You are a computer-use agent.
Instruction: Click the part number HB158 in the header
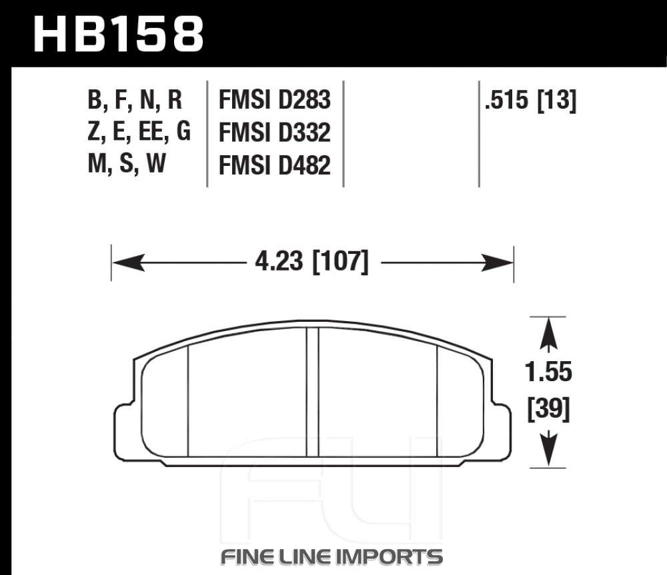tap(119, 34)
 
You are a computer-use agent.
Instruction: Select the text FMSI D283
tap(274, 100)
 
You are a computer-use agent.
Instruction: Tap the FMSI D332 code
tap(274, 133)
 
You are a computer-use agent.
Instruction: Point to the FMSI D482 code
tap(274, 165)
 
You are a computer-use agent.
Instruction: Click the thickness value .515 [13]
tap(530, 101)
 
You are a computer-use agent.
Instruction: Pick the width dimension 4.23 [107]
tap(311, 261)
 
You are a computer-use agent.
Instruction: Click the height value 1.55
tap(548, 372)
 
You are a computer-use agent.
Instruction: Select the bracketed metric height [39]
tap(548, 409)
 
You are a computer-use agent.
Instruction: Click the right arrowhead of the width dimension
tap(498, 263)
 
